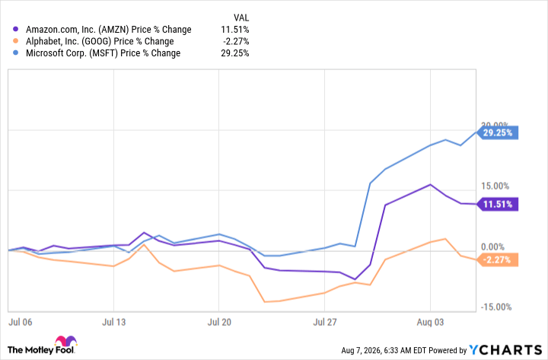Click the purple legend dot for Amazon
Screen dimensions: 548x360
[x=15, y=30]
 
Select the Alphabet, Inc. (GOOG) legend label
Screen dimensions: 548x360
[x=100, y=42]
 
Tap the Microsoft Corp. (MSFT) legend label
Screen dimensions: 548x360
[x=103, y=53]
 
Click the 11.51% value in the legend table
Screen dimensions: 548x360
[x=235, y=30]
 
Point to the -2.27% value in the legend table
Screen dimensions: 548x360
[x=236, y=41]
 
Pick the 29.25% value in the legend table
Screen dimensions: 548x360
[x=235, y=53]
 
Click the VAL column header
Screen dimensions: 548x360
[x=241, y=18]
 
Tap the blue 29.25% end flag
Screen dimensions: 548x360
[x=497, y=133]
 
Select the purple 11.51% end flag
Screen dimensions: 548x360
[x=497, y=204]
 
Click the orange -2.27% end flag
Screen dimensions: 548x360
[x=497, y=260]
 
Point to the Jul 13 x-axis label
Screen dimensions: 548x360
[x=113, y=322]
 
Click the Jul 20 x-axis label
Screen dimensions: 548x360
[x=219, y=322]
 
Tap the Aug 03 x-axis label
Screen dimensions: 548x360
[x=430, y=322]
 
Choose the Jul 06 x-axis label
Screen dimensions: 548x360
[x=20, y=322]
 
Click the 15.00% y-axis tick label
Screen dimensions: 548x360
[x=495, y=186]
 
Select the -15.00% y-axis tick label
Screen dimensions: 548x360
[x=496, y=307]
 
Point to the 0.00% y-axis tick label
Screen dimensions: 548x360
[x=492, y=247]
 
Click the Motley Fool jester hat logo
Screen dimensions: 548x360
[x=65, y=341]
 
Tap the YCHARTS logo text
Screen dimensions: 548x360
[x=505, y=349]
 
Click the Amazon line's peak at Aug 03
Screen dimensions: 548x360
[x=430, y=184]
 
